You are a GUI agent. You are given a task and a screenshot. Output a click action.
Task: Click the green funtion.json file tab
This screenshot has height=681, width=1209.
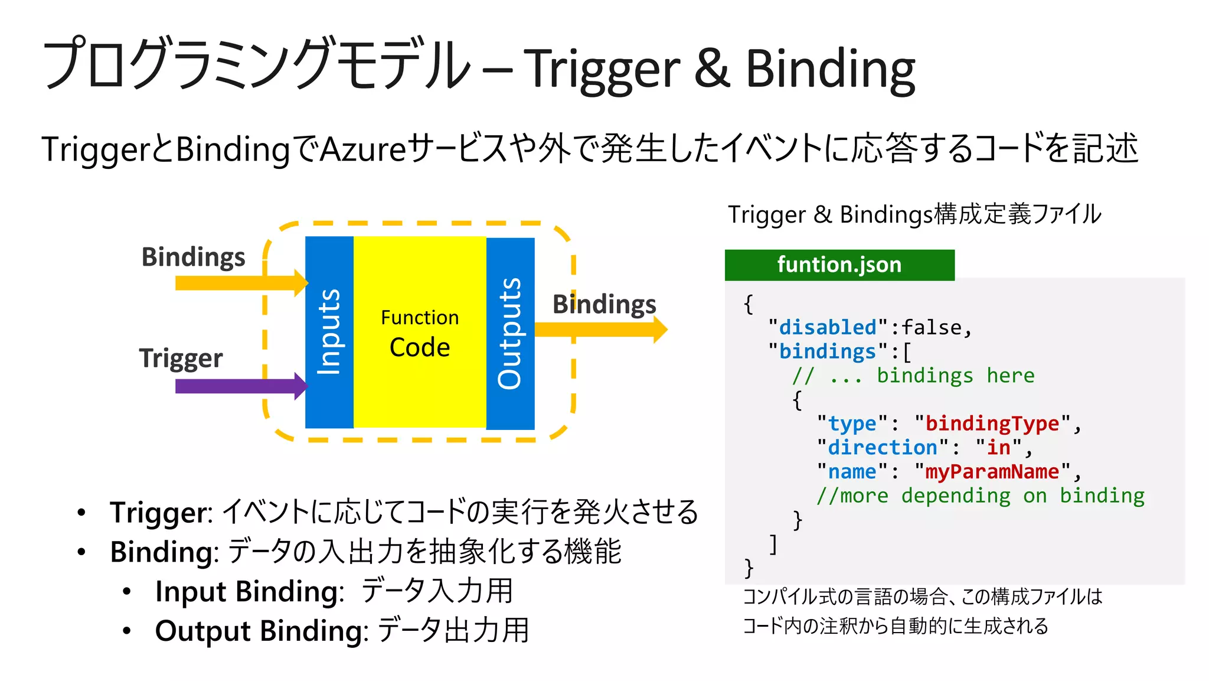pos(839,265)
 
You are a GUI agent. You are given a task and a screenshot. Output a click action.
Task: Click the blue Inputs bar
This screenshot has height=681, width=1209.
pos(329,332)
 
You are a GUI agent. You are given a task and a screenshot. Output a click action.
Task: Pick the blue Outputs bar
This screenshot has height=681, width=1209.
pos(510,333)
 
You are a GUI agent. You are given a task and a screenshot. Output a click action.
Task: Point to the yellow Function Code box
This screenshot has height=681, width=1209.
pos(420,332)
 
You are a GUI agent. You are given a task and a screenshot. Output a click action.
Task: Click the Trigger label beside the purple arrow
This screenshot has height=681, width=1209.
pos(181,358)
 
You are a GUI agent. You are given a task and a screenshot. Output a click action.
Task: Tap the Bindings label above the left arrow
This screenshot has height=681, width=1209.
pos(193,257)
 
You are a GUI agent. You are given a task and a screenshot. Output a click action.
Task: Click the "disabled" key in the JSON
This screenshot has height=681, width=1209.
pos(827,327)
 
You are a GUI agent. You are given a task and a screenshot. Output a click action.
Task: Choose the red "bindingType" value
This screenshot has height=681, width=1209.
pos(992,423)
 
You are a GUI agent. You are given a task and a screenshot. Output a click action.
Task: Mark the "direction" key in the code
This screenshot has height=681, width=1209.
pos(882,448)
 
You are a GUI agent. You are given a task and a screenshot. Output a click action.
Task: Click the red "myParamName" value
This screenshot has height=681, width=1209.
pos(992,472)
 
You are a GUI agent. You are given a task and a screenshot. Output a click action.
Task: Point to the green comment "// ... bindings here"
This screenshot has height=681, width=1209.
pos(913,376)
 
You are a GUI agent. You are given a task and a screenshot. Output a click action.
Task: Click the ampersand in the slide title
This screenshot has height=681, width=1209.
pos(712,68)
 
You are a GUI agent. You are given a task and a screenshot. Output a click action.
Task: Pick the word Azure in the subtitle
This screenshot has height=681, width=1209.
pos(363,149)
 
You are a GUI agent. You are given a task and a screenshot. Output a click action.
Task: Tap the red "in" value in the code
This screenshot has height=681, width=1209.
pos(998,448)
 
